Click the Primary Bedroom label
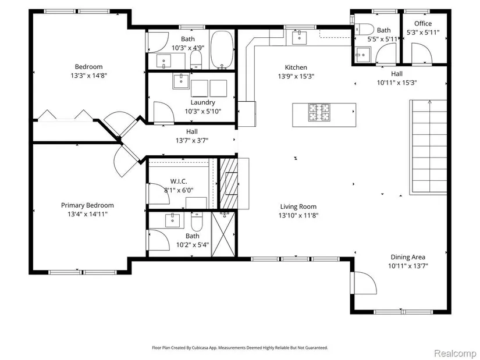pos(87,205)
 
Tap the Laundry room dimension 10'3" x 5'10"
pos(202,111)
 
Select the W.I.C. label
pos(179,181)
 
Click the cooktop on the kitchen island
pos(319,112)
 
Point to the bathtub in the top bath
pos(222,49)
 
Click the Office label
pos(423,24)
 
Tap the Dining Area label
pos(408,257)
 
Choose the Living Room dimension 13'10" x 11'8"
pos(298,215)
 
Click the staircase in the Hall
pos(428,147)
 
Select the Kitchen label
pos(296,67)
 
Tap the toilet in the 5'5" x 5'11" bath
pos(364,30)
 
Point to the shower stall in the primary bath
pos(224,234)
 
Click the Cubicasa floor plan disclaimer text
pos(240,347)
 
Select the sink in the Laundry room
pos(180,81)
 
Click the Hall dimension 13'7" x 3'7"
pos(192,141)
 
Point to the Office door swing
pos(422,54)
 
